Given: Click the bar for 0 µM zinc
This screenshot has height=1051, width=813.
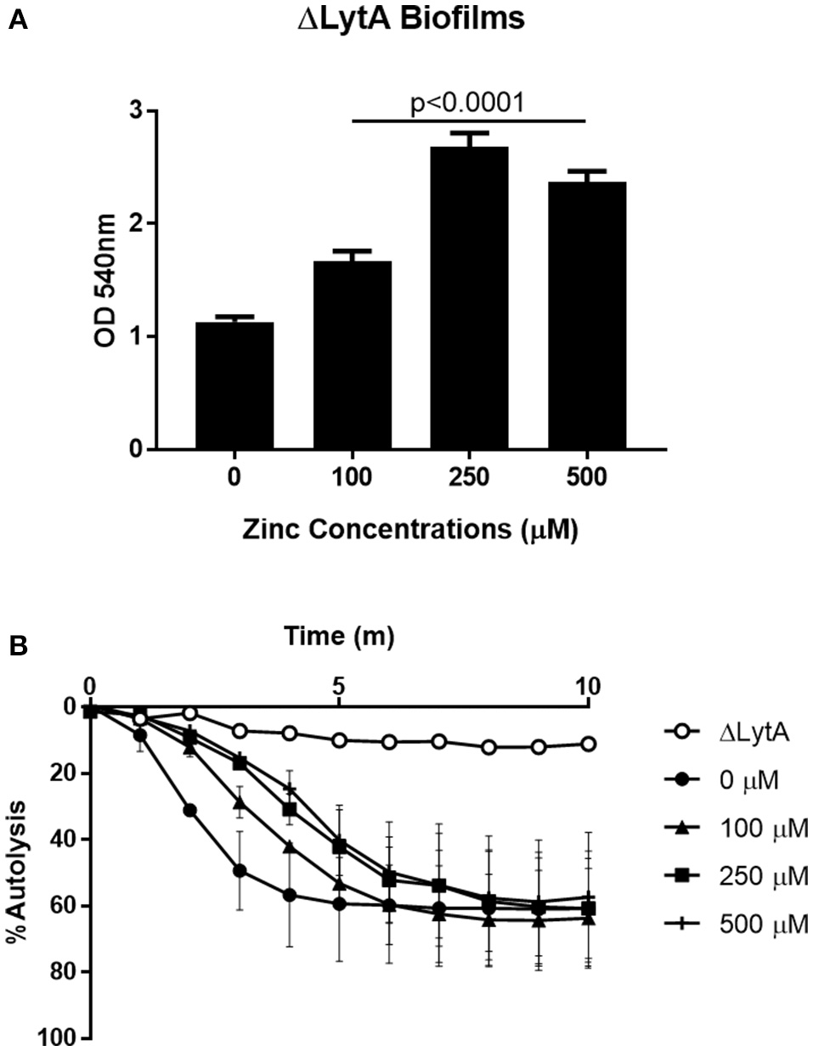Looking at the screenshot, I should click(x=234, y=385).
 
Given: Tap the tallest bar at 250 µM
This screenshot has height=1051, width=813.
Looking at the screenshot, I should click(x=469, y=297).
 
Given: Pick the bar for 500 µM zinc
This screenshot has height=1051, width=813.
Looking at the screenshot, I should click(x=587, y=315).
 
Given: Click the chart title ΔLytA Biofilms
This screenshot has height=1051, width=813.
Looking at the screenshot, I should click(x=411, y=20).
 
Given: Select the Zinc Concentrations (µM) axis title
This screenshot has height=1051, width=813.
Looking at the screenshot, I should click(x=410, y=530).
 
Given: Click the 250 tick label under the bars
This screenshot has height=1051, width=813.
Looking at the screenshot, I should click(x=469, y=477).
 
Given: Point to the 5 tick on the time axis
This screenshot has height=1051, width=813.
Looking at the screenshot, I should click(x=339, y=684).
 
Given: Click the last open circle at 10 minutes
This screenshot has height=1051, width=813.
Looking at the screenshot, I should click(x=586, y=744).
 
